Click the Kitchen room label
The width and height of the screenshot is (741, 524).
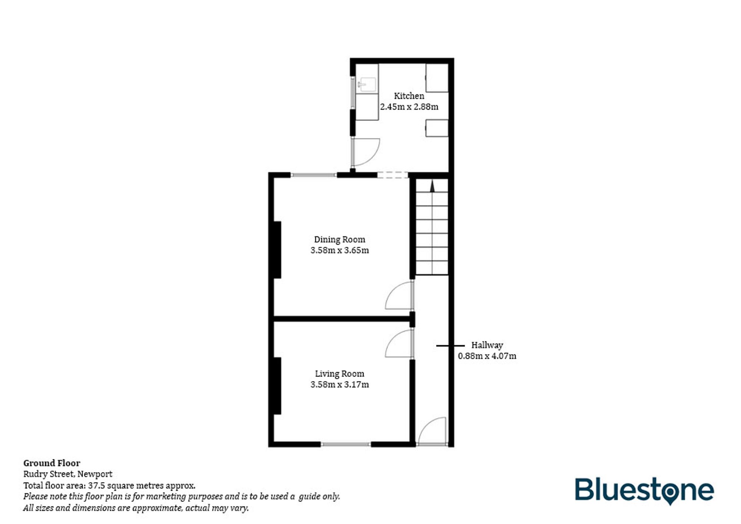tap(409, 96)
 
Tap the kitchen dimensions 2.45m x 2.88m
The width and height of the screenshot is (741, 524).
tap(409, 107)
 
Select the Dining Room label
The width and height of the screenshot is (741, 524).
tap(339, 240)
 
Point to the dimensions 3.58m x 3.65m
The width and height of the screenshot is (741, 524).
tap(339, 250)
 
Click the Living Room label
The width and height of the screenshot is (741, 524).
tap(339, 374)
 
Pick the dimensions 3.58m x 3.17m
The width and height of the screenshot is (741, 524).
tap(339, 384)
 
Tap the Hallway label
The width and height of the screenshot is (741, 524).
tap(487, 345)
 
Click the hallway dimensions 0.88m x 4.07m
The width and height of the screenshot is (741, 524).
tap(487, 356)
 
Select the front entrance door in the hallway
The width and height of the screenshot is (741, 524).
tap(432, 431)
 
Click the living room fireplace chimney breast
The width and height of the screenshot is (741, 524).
tap(277, 386)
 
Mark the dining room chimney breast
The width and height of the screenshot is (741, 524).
tap(277, 250)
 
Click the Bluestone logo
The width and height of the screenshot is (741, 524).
tap(644, 490)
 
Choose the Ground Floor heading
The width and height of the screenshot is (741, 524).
tap(51, 463)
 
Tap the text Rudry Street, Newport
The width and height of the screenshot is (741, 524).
tap(68, 474)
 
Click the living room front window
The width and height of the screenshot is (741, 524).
tap(345, 444)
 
